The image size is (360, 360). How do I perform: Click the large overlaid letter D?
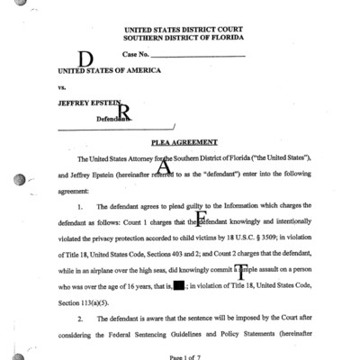tap(86, 59)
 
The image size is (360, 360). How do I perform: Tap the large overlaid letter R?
tap(124, 112)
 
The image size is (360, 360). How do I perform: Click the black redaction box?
tap(179, 285)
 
